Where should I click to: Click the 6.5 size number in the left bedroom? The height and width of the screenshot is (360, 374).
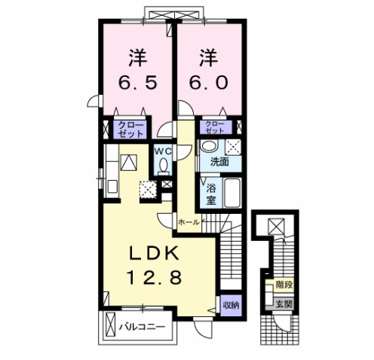(138, 83)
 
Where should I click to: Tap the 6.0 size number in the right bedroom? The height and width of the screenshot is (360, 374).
(209, 83)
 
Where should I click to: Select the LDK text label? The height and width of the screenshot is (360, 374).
(155, 254)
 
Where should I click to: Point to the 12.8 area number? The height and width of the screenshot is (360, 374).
(155, 277)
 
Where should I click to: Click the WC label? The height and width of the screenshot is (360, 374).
(163, 151)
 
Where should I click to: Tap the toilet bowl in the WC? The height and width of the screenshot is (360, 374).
(164, 166)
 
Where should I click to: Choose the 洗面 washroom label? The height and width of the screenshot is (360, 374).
(219, 162)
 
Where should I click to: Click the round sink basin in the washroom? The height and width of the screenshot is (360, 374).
(209, 145)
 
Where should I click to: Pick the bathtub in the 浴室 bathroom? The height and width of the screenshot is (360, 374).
(232, 193)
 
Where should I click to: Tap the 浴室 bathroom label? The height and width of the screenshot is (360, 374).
(211, 194)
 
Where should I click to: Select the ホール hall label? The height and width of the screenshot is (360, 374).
(189, 222)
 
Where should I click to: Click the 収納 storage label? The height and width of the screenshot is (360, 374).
(231, 305)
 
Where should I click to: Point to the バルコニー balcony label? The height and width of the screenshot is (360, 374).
(142, 327)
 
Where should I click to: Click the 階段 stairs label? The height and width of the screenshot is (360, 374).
(284, 285)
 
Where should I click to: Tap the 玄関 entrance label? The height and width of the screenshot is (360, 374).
(284, 304)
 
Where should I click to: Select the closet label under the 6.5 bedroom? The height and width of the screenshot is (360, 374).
(130, 130)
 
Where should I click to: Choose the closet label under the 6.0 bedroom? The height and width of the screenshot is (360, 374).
(215, 127)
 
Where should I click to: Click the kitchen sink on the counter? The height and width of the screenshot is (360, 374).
(112, 186)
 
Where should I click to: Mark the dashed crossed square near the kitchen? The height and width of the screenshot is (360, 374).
(149, 189)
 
